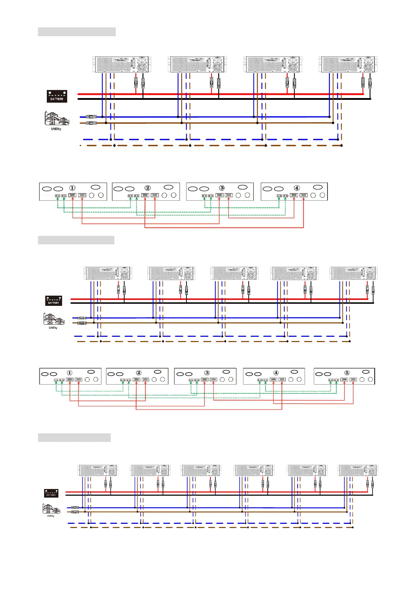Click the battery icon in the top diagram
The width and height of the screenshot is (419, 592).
click(x=57, y=96)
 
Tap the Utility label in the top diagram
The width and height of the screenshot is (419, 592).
click(x=56, y=129)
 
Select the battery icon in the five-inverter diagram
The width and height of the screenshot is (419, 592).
click(x=53, y=301)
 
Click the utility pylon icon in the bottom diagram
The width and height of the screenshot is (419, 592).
click(x=51, y=509)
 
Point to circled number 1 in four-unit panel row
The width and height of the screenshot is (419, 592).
click(x=72, y=188)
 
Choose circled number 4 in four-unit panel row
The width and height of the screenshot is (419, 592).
click(x=297, y=188)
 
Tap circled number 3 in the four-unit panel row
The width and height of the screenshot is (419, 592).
click(x=222, y=188)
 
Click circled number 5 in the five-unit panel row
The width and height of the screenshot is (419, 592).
click(x=347, y=373)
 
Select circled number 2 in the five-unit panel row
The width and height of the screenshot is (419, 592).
click(x=139, y=373)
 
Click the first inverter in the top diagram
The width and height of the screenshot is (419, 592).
click(x=122, y=65)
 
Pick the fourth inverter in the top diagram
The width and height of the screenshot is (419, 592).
click(x=348, y=65)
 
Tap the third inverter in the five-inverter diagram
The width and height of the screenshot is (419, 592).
click(x=234, y=273)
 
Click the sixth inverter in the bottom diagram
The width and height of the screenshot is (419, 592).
click(x=358, y=470)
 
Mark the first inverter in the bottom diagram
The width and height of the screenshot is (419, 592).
click(x=97, y=470)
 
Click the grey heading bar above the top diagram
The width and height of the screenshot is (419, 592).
click(x=77, y=32)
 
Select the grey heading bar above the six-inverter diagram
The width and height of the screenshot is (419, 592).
click(x=74, y=438)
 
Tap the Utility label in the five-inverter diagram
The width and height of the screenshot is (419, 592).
click(x=53, y=328)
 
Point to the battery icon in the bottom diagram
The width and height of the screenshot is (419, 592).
click(x=51, y=493)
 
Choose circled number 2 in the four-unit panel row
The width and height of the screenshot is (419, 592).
click(x=147, y=188)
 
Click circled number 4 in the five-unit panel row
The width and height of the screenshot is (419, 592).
click(x=276, y=373)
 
